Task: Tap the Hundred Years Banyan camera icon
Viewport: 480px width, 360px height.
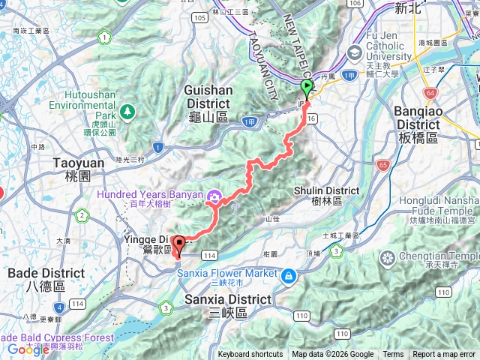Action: pos(214,196)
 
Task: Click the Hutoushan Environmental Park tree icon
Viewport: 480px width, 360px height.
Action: pos(127,111)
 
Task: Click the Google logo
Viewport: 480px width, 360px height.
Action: pos(28,349)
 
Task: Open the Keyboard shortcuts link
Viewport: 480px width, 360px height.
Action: pos(250,355)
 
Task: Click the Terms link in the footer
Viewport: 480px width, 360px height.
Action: pos(393,355)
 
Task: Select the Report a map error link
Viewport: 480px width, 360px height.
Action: pos(444,355)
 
